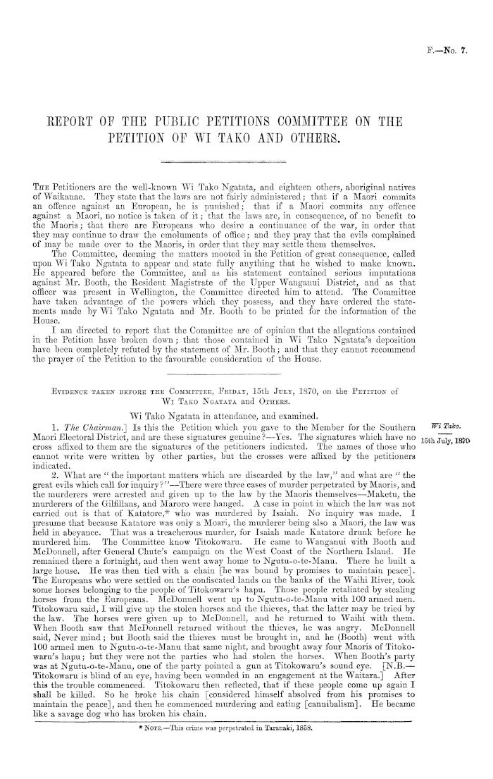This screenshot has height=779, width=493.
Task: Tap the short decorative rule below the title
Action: [246, 161]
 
